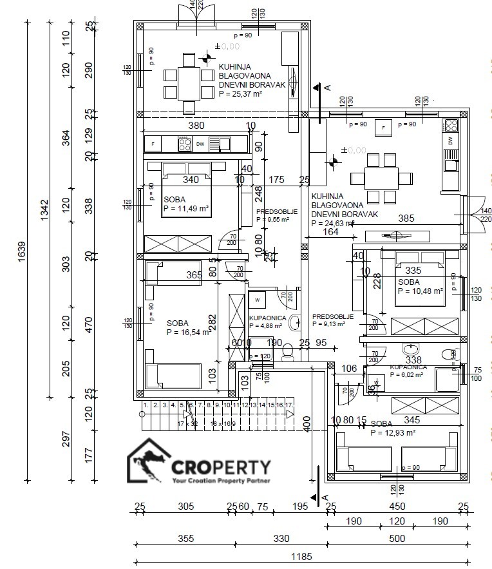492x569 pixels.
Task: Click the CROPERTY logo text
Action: [x=221, y=466]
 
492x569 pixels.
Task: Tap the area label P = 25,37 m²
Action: [x=240, y=93]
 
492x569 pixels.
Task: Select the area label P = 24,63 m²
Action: [x=332, y=224]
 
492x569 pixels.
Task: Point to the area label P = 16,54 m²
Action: [x=187, y=333]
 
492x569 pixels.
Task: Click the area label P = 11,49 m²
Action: [x=185, y=209]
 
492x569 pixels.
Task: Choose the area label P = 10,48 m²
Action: [x=420, y=291]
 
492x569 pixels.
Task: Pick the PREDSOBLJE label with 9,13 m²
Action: [x=333, y=317]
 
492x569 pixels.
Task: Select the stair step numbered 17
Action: [x=289, y=405]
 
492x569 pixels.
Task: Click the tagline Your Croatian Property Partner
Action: [x=221, y=481]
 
